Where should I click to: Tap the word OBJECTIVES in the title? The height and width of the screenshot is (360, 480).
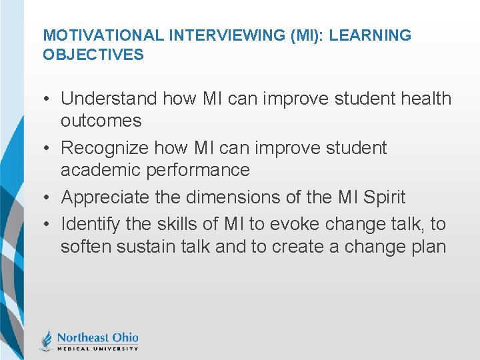point(93,55)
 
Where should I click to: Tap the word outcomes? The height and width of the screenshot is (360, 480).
point(101,121)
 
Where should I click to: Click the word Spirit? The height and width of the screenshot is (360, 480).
point(381,197)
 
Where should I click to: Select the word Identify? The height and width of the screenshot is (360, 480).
point(89,224)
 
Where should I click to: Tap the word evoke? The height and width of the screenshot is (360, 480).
point(297,224)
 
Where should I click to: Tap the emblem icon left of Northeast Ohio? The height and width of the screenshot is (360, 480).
point(47,340)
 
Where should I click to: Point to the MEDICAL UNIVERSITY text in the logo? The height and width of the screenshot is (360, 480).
point(97,348)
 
